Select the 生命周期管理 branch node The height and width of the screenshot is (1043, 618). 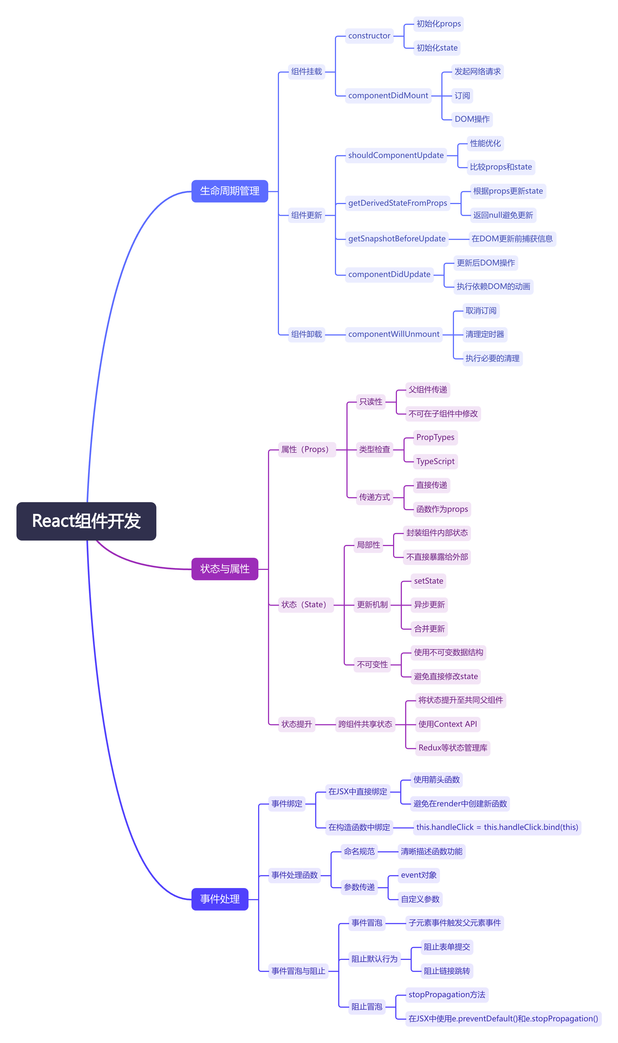pos(230,191)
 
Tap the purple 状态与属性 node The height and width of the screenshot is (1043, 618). pos(225,569)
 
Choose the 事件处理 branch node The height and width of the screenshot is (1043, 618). pos(220,899)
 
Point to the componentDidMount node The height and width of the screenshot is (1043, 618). pos(388,95)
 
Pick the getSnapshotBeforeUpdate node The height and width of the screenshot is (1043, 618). pos(397,239)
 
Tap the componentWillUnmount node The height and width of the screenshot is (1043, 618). pos(394,334)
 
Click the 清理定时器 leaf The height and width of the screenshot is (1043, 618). pos(485,334)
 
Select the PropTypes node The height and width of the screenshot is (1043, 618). pos(435,437)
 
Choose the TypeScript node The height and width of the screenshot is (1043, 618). pos(435,461)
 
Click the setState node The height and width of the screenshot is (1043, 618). pos(428,581)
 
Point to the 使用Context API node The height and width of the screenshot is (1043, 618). pos(448,724)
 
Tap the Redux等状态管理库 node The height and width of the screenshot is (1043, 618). pos(453,748)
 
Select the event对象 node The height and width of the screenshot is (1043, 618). pos(419,875)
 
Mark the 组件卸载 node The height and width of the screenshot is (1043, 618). pos(306,334)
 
